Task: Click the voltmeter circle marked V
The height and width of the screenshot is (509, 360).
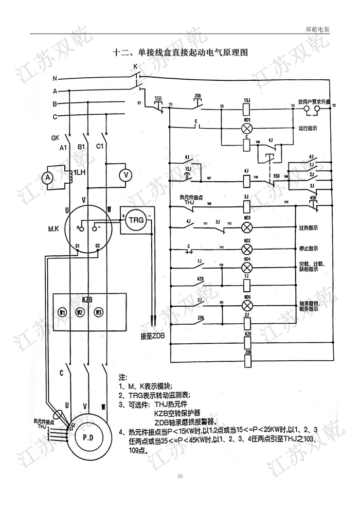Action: point(124,175)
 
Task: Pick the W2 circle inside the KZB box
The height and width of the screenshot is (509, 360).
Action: point(79,312)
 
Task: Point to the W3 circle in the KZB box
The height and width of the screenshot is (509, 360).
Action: point(98,312)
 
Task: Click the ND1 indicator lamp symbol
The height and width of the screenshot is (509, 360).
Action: point(247,127)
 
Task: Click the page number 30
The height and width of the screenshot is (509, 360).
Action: point(179,476)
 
